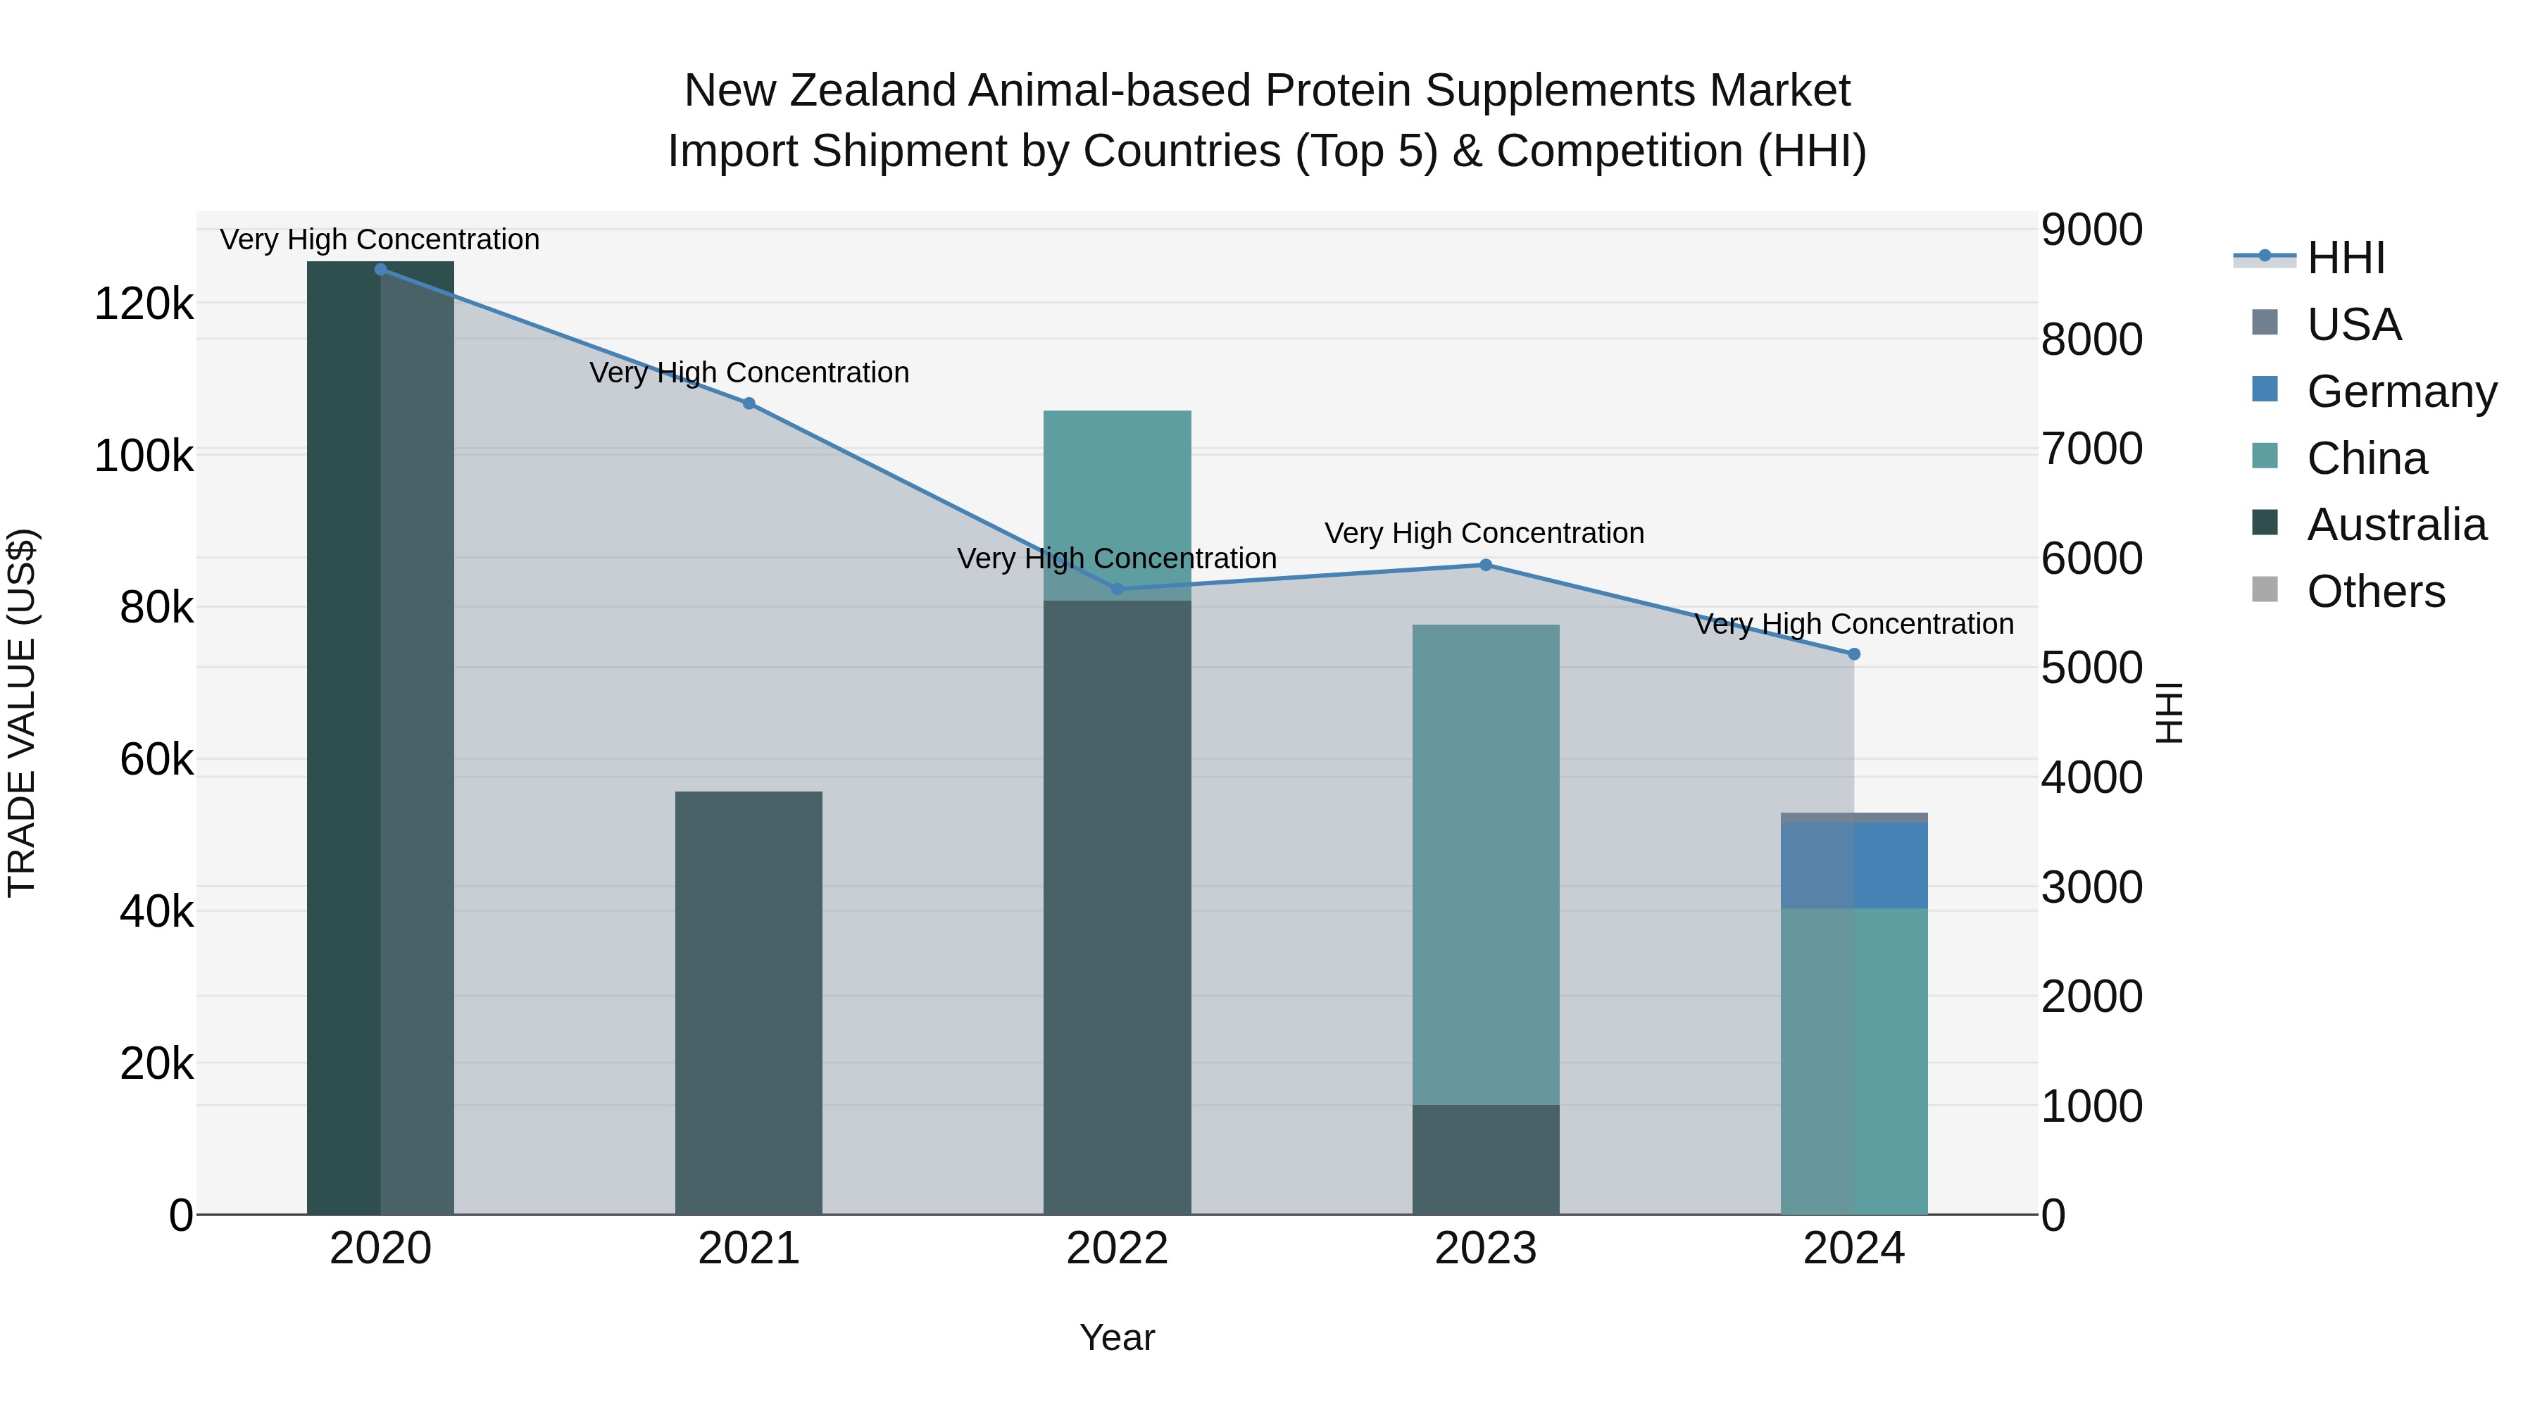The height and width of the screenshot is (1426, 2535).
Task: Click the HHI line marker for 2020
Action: pos(381,270)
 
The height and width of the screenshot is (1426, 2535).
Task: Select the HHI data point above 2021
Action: pos(749,404)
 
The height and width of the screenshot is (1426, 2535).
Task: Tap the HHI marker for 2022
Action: pos(1117,589)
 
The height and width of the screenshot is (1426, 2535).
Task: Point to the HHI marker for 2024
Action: pos(1854,654)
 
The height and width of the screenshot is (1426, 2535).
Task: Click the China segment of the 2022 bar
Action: pos(1117,505)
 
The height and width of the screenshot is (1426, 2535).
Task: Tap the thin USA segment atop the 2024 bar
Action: pos(1854,818)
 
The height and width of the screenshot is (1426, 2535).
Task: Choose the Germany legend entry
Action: pos(2401,392)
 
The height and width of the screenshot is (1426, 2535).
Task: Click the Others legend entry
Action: pos(2376,592)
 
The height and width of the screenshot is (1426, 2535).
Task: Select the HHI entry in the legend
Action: pos(2346,258)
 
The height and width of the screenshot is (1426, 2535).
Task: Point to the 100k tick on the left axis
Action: pos(144,456)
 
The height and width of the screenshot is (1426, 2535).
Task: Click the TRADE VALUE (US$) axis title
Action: pos(22,713)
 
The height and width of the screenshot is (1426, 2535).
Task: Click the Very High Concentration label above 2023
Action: pos(1484,533)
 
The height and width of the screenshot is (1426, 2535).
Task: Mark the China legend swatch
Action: pos(2265,456)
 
